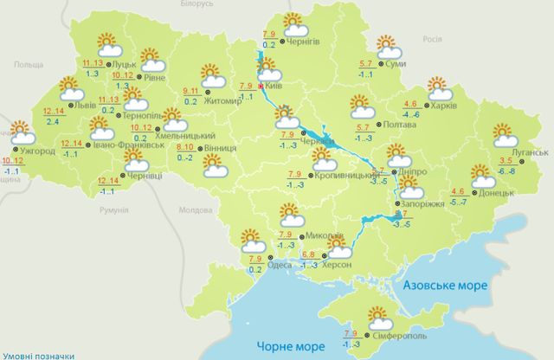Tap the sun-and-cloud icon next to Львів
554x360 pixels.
point(72,89)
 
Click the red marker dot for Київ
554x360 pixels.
point(262,87)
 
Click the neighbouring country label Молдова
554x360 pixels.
point(195,210)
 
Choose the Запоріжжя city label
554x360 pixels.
point(423,205)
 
